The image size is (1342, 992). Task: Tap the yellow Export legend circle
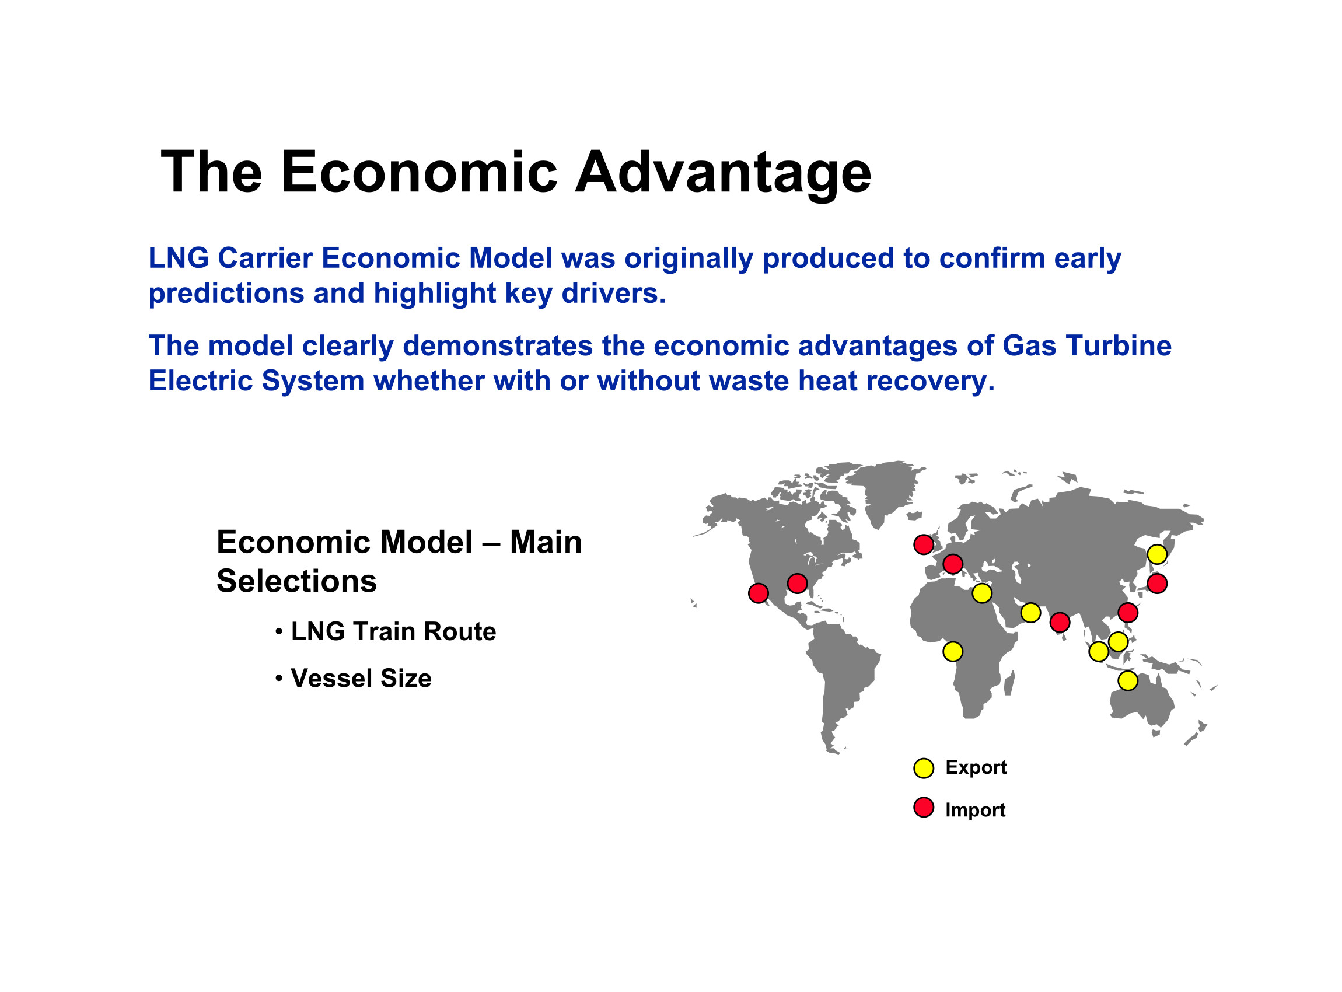[924, 768]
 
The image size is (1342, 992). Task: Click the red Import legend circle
[924, 808]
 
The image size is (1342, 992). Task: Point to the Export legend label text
[976, 768]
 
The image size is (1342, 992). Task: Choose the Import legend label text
[975, 810]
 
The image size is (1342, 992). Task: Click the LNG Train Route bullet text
[393, 632]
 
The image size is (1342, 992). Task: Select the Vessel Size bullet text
[361, 679]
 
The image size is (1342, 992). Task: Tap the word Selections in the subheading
[296, 581]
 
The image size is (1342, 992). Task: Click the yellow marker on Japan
[1157, 554]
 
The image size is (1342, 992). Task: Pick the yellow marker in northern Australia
[1128, 681]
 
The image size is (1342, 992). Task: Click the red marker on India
[1060, 623]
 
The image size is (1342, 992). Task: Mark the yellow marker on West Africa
[953, 652]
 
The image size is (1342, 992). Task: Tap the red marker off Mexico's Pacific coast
[759, 593]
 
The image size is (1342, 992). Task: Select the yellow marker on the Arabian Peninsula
[1030, 613]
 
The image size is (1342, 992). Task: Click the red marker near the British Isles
[924, 544]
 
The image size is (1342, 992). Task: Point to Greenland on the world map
[883, 490]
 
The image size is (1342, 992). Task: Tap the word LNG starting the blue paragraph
[179, 259]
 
